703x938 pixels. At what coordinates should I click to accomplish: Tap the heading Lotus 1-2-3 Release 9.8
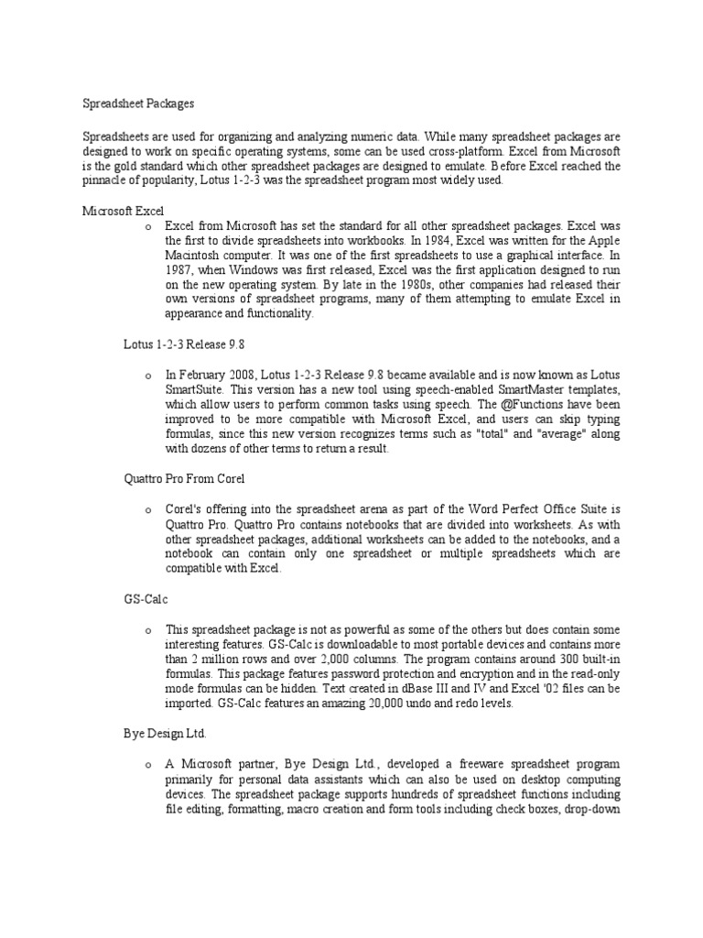tap(184, 344)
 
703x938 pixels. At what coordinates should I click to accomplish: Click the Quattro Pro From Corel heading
tap(184, 478)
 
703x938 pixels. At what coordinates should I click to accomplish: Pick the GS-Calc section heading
tap(146, 598)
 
